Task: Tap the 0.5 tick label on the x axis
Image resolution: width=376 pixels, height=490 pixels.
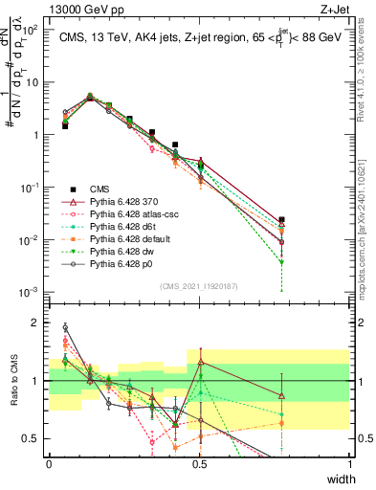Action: coord(199,463)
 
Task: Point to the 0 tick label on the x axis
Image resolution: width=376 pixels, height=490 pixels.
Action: coord(49,463)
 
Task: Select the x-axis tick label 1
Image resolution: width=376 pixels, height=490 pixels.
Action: coord(349,463)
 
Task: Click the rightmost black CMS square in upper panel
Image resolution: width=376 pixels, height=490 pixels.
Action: coord(280,220)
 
